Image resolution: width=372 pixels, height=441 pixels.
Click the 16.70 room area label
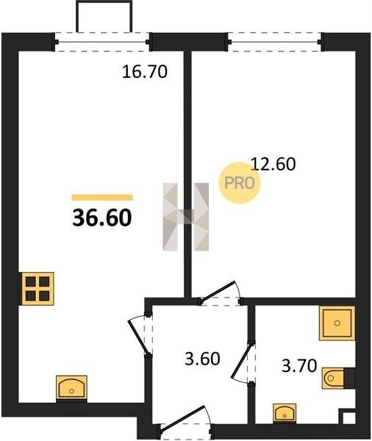(145, 71)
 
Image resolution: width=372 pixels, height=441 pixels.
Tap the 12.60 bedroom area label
(273, 164)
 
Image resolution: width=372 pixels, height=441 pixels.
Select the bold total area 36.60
(102, 218)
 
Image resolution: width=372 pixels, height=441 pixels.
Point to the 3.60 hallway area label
(202, 359)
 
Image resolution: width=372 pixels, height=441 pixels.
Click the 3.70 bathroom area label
(299, 366)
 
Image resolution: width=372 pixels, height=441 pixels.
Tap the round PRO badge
(240, 183)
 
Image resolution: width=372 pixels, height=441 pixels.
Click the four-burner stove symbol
(38, 289)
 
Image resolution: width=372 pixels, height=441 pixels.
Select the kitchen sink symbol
(71, 388)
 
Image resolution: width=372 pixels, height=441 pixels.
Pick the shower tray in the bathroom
(337, 323)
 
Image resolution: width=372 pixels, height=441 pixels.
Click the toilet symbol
(337, 379)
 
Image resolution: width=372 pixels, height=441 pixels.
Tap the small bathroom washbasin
(285, 413)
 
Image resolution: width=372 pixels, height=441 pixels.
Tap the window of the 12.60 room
(275, 42)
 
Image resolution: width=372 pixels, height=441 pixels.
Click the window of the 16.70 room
(102, 42)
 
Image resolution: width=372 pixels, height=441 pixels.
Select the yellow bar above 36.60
(102, 198)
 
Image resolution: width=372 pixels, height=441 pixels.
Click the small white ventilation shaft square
(349, 417)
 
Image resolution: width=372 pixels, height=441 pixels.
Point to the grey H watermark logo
(186, 217)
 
